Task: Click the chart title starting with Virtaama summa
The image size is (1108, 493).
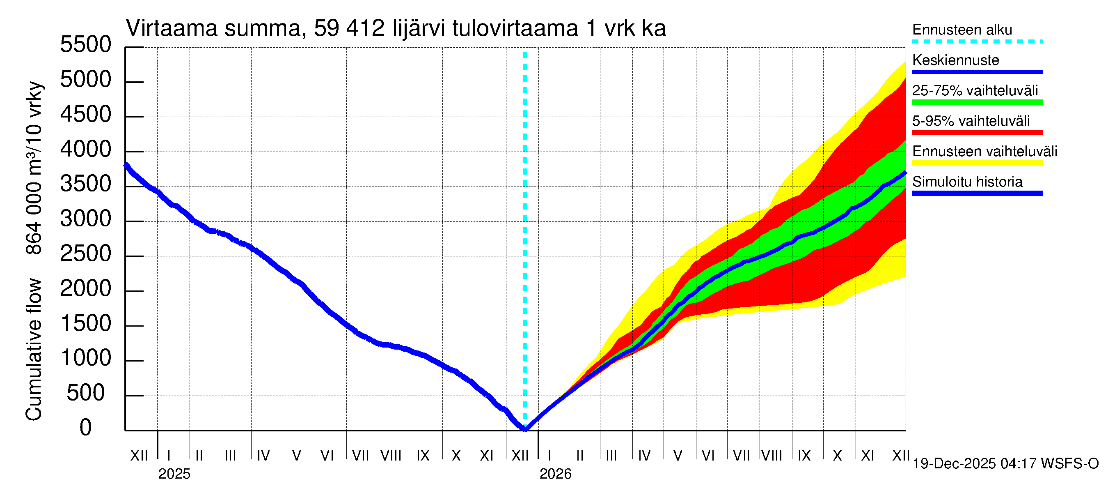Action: (x=396, y=28)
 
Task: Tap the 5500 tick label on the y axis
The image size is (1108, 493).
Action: (x=86, y=45)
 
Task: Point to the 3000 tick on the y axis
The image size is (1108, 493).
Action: (x=86, y=219)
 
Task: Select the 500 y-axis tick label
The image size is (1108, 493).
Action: (x=86, y=393)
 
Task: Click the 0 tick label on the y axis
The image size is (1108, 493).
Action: (x=86, y=428)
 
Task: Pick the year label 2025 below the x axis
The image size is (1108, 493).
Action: (x=174, y=474)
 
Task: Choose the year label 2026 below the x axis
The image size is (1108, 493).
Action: (x=555, y=474)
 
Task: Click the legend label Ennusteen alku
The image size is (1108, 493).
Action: (x=962, y=30)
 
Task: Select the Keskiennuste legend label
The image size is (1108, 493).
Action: (x=956, y=60)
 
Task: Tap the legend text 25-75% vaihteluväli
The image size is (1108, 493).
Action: (x=975, y=90)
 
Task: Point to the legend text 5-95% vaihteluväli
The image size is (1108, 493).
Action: (x=971, y=121)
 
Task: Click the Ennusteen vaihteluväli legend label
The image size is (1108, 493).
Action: (x=984, y=152)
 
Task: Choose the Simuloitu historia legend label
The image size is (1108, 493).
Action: (x=967, y=182)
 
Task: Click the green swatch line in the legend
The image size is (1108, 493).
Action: (x=977, y=102)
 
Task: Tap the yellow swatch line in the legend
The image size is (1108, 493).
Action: (x=977, y=163)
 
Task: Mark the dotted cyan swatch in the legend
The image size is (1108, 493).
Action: (x=977, y=42)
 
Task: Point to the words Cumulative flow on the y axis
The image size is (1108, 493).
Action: (x=34, y=350)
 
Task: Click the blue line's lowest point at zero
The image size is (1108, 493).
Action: (x=525, y=429)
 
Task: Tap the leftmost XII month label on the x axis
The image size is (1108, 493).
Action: (x=139, y=456)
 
